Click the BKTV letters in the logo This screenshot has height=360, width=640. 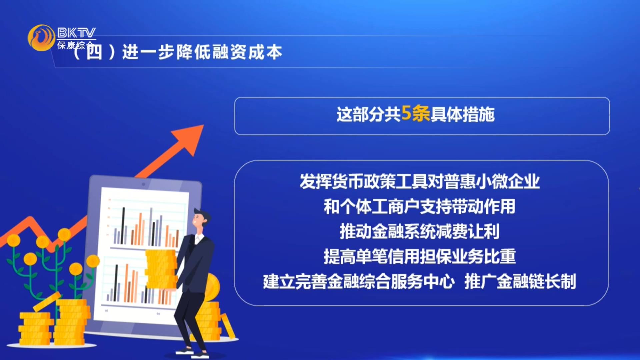pyautogui.click(x=76, y=33)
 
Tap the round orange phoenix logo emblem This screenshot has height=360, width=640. pyautogui.click(x=41, y=38)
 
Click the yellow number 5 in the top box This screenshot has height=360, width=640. pyautogui.click(x=406, y=113)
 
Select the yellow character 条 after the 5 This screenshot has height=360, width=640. pyautogui.click(x=421, y=114)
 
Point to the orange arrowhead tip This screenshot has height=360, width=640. pyautogui.click(x=203, y=125)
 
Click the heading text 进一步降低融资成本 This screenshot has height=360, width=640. pyautogui.click(x=202, y=52)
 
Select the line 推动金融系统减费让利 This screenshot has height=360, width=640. pyautogui.click(x=420, y=231)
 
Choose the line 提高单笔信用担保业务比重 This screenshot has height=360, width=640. pyautogui.click(x=420, y=256)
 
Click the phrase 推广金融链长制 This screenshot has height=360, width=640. pyautogui.click(x=520, y=281)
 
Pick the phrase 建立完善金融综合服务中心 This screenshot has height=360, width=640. pyautogui.click(x=359, y=281)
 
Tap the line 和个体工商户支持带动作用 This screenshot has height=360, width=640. pyautogui.click(x=420, y=206)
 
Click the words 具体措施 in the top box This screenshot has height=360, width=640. pyautogui.click(x=463, y=114)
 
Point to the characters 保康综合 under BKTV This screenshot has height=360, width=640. pyautogui.click(x=76, y=45)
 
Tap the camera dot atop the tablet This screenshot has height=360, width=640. pyautogui.click(x=143, y=184)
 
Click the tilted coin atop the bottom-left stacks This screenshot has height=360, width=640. pyautogui.click(x=47, y=302)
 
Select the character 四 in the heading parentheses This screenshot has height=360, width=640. pyautogui.click(x=94, y=52)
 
